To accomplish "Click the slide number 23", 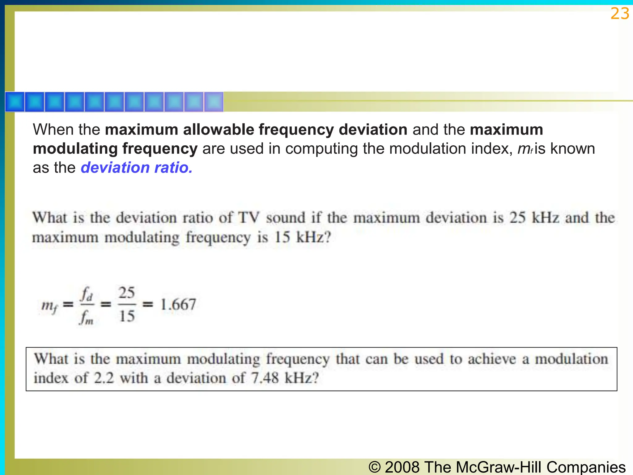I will click(x=620, y=14).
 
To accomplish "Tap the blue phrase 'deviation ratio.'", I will click(x=137, y=168).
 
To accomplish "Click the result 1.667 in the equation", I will click(x=178, y=305).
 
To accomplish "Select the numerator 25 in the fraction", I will click(x=127, y=293).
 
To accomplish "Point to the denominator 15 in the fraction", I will click(x=127, y=316).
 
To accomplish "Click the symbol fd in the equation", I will click(x=87, y=294).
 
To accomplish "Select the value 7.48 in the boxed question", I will click(x=265, y=378).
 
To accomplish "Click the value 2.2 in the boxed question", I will click(x=104, y=378).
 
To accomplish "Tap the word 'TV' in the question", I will click(x=249, y=217).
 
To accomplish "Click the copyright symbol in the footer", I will click(x=375, y=467).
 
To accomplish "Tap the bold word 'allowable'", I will click(x=218, y=130).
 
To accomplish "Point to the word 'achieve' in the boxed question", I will click(x=492, y=359).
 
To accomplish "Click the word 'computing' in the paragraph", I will click(x=321, y=149).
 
